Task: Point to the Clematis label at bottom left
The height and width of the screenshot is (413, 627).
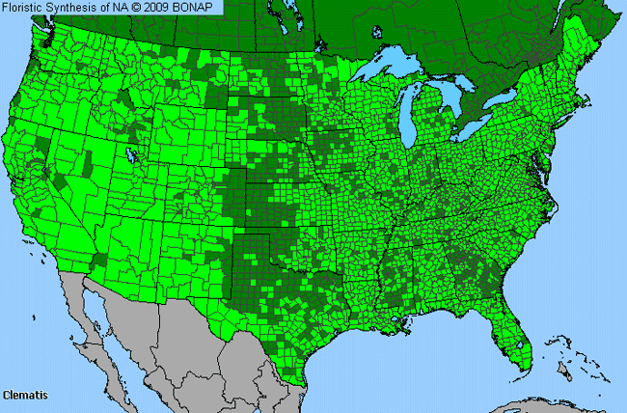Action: pos(25,396)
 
